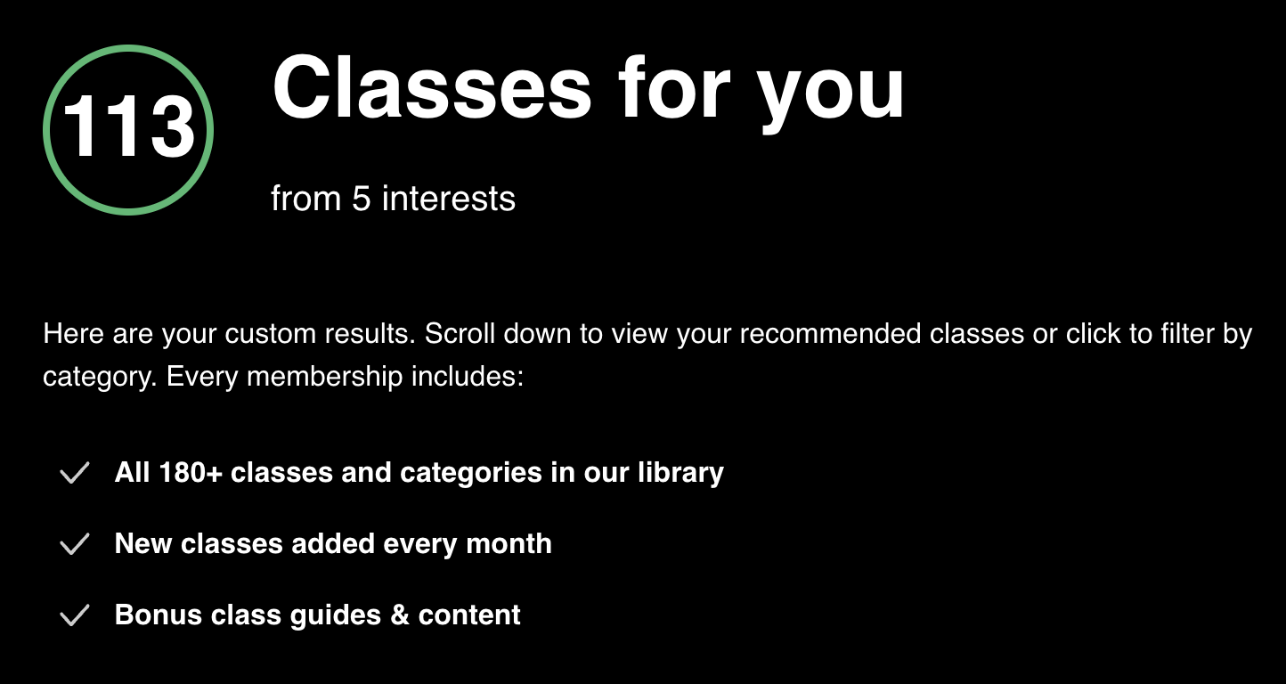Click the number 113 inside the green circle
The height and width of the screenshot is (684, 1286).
128,126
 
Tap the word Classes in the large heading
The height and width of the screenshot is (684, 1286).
432,88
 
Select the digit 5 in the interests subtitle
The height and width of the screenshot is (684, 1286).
361,199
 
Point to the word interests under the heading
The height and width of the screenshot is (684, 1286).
448,199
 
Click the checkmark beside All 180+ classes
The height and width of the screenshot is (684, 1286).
75,473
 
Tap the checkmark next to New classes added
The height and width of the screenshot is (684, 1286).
75,544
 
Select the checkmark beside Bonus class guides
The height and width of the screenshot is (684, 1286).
75,615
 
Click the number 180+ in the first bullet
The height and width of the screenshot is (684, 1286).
191,473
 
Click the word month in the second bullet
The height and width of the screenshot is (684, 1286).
509,543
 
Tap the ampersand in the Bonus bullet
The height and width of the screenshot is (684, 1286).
400,615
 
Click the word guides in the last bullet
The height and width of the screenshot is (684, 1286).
335,616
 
